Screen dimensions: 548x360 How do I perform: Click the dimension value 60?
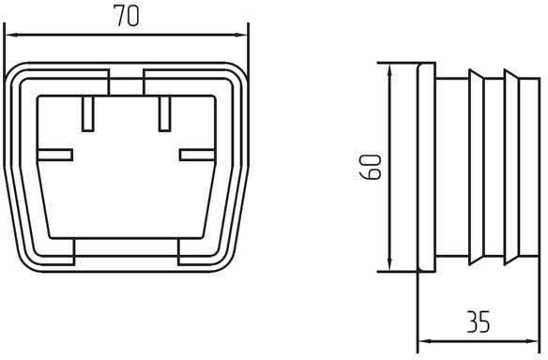click(371, 167)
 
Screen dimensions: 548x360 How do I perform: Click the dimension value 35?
click(479, 321)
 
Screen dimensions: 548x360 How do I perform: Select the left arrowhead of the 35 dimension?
click(425, 341)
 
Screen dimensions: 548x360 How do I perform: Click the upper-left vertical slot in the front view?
click(87, 113)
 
